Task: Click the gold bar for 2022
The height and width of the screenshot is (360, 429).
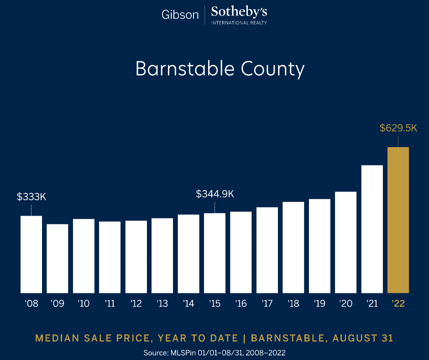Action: (x=398, y=220)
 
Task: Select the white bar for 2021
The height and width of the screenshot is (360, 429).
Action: (x=372, y=229)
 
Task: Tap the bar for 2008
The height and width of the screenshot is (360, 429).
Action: (x=31, y=254)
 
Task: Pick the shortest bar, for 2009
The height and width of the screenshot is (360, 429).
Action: (x=58, y=258)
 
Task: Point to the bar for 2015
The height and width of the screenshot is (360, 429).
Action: (x=214, y=253)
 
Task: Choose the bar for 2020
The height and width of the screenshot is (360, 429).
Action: (x=345, y=242)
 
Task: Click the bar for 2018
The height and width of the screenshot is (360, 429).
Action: (x=293, y=247)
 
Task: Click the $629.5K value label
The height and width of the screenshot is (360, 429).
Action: (x=398, y=128)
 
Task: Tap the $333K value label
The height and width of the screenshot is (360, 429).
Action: (x=32, y=197)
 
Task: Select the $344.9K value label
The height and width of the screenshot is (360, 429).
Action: (x=215, y=194)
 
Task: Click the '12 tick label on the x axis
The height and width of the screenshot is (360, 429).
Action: (x=136, y=304)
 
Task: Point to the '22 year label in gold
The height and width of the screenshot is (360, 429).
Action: (x=398, y=304)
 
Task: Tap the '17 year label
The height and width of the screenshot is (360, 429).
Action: (x=267, y=304)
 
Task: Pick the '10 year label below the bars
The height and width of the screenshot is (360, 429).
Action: (x=84, y=304)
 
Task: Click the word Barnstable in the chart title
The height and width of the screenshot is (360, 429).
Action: (x=184, y=69)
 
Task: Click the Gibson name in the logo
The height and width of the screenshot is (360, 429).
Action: (x=180, y=15)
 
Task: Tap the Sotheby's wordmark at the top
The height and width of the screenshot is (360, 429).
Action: (x=239, y=12)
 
